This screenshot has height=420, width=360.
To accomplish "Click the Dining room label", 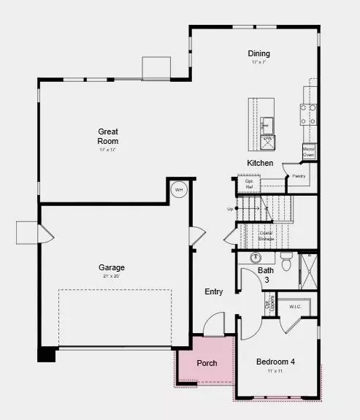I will coord(258,53).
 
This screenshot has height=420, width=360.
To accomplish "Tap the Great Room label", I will coord(108,137).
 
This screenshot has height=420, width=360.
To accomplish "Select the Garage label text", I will coord(112,267).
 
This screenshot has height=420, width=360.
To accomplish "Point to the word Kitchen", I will coord(260,163).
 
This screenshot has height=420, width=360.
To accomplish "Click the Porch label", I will coord(207,363).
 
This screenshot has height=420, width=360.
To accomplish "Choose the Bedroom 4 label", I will coord(275,362).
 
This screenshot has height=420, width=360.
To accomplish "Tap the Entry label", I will coord(213,292).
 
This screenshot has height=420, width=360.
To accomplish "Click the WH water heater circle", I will coord(179,191).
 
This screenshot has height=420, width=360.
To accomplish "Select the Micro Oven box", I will coord(309,151).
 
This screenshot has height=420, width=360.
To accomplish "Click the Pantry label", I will coord(299,176).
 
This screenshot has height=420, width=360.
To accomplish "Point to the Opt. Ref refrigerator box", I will coord(248,184).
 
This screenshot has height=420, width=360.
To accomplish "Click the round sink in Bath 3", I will coord(256,257).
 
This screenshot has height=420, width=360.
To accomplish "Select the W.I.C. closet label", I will coord(295,306).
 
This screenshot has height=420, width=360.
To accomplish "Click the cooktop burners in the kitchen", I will coord(308,112).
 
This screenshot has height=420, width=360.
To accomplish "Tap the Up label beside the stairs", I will coord(231,209).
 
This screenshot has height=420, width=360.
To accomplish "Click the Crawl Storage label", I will coord(266,235).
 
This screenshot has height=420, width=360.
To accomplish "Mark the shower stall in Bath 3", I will coord(309,270).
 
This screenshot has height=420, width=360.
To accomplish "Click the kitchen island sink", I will coord(267,122).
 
